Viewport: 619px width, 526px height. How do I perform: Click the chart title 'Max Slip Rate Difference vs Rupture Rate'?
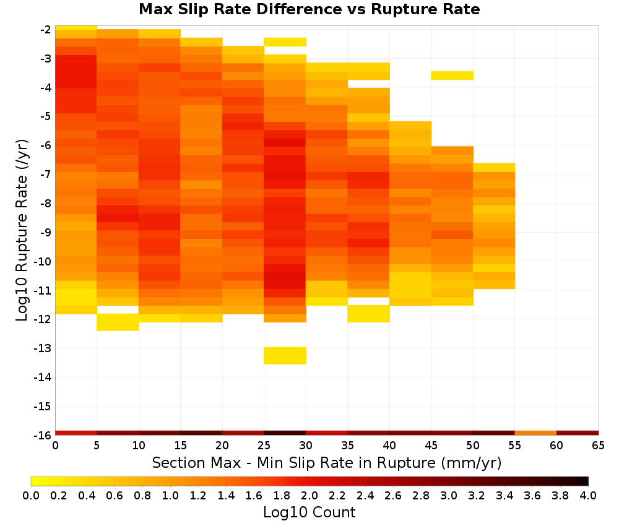[x=309, y=9]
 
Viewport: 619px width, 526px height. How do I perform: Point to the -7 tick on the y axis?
[x=45, y=175]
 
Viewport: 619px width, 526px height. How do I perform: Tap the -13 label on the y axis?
[x=43, y=348]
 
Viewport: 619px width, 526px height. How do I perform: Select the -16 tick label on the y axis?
[x=43, y=435]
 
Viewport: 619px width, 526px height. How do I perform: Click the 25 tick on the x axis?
[x=264, y=446]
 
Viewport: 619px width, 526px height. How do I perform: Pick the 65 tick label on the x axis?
[x=599, y=446]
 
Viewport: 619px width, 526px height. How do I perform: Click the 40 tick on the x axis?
[x=389, y=446]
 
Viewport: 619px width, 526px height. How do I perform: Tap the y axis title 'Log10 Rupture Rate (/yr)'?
[x=22, y=230]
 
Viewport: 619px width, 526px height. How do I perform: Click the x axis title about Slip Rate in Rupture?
[x=327, y=462]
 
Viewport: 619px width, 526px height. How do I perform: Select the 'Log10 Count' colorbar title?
[x=309, y=512]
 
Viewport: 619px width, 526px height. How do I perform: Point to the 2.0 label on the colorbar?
[x=309, y=496]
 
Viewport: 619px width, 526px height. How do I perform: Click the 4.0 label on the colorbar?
[x=588, y=496]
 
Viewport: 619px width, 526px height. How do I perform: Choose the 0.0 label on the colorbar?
[x=31, y=496]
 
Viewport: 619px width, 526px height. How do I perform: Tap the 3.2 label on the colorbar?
[x=477, y=496]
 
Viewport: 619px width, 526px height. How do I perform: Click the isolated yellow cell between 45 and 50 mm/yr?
[x=452, y=75]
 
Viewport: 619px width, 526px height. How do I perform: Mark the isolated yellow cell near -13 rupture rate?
[x=285, y=356]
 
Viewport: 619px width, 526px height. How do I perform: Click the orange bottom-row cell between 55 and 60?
[x=535, y=433]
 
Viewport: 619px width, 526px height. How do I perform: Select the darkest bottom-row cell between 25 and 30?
[x=285, y=433]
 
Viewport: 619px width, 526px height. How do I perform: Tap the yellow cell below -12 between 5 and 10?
[x=118, y=322]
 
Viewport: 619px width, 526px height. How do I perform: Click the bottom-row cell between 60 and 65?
[x=578, y=433]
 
